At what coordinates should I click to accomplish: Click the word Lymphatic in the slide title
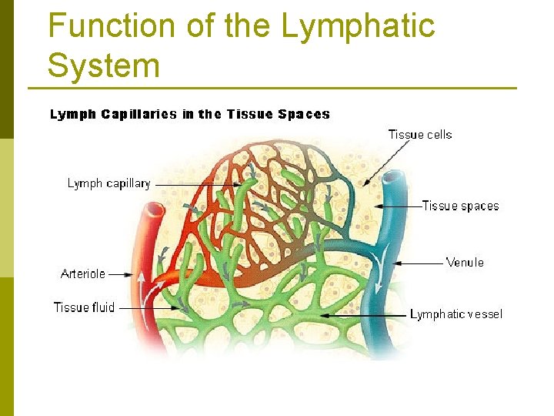(358, 26)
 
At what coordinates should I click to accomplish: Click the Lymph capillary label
(108, 183)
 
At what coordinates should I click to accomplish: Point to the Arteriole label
(83, 273)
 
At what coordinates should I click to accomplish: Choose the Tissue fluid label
(84, 307)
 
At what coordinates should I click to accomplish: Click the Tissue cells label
(420, 135)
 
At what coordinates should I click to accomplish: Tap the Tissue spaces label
(460, 206)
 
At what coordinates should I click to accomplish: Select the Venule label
(465, 263)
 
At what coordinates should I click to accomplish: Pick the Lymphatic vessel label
(456, 314)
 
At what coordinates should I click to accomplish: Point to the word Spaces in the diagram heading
(304, 115)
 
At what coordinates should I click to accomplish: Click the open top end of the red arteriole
(155, 209)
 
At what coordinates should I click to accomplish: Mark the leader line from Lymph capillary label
(192, 185)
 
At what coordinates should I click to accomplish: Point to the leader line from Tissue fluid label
(150, 308)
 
